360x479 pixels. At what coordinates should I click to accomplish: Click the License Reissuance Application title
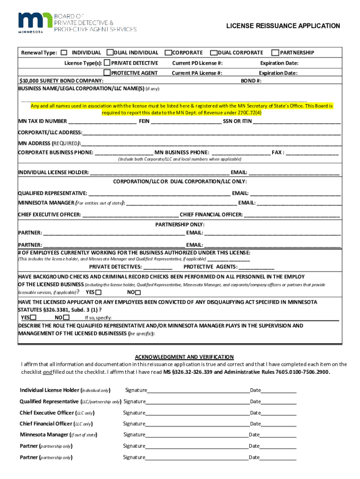tap(283, 26)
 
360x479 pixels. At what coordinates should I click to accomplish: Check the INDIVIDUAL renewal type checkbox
tap(64, 53)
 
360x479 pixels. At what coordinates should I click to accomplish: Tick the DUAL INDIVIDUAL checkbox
tap(110, 53)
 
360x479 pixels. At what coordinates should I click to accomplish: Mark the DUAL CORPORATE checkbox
tap(214, 53)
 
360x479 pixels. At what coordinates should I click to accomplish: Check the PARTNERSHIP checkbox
tap(276, 53)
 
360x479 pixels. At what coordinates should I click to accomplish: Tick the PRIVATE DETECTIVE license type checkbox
tap(107, 63)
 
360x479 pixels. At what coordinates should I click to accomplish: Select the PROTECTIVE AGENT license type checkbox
tap(107, 73)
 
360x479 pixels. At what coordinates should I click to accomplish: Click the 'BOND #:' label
tap(251, 80)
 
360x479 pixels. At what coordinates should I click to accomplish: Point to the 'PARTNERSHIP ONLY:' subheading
tap(180, 225)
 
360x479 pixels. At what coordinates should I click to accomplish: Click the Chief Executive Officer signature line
tap(197, 413)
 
